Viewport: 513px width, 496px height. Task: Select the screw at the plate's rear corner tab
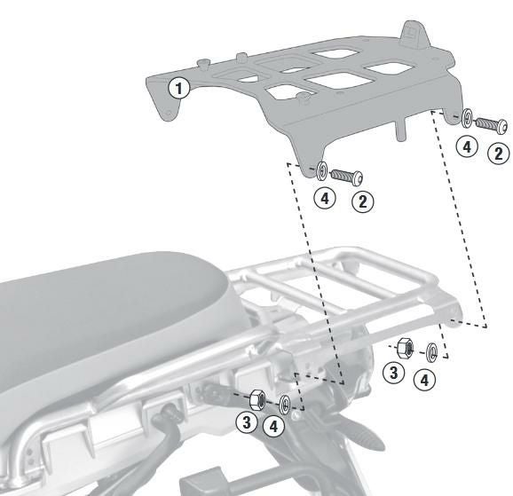[x=490, y=123]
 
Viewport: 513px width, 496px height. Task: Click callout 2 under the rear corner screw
[x=498, y=154]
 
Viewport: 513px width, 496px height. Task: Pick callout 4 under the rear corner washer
[x=467, y=146]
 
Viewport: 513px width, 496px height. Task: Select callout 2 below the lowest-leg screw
[x=362, y=201]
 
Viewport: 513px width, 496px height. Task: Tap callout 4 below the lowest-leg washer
[x=326, y=198]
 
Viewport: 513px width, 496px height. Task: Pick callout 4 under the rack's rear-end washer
[x=427, y=379]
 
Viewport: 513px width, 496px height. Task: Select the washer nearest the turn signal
[x=284, y=405]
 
